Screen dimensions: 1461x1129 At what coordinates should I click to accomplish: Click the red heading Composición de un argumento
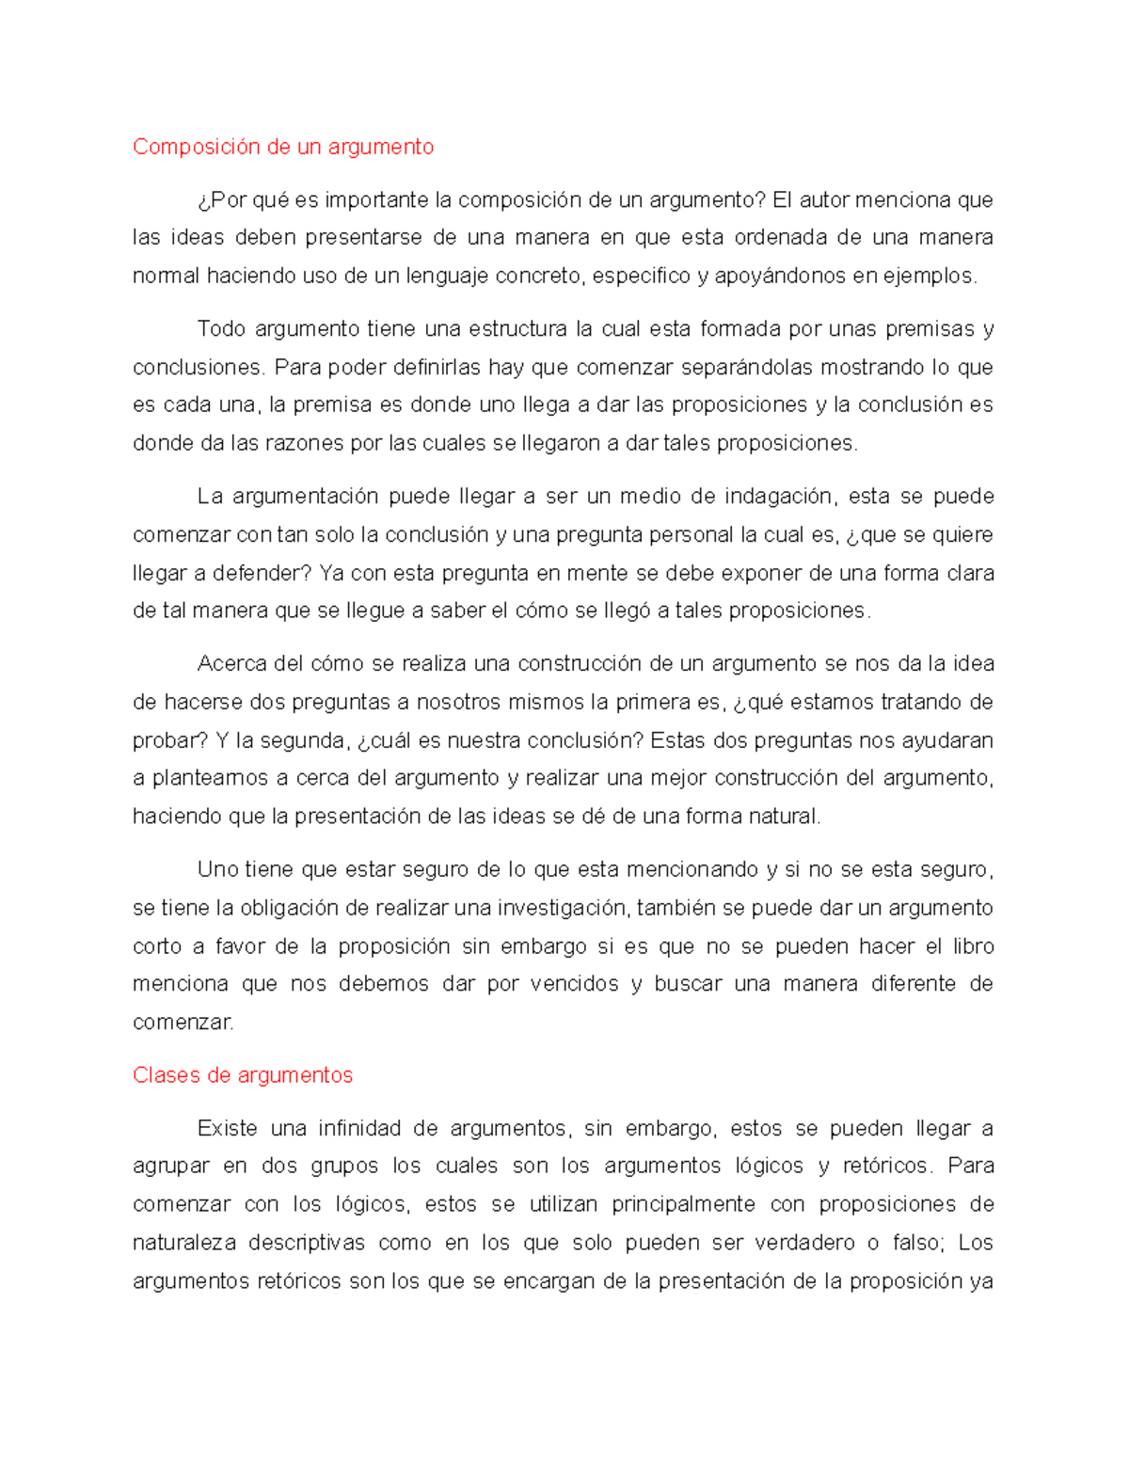click(283, 147)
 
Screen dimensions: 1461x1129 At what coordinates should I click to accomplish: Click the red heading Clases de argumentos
click(243, 1075)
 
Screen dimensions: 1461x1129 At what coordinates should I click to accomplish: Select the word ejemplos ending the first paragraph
click(937, 276)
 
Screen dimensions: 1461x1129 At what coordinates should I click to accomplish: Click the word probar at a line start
click(166, 740)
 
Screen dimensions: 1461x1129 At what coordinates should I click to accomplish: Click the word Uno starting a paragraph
click(217, 869)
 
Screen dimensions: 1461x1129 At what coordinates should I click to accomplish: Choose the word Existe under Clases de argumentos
click(227, 1128)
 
